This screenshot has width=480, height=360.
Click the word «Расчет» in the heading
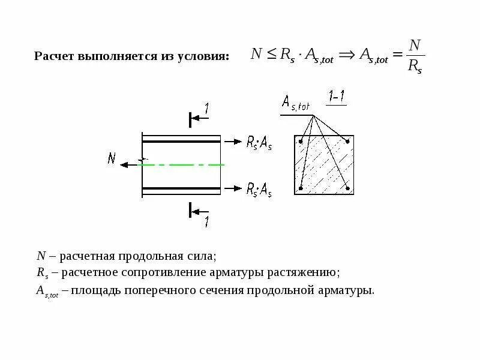[x=53, y=56]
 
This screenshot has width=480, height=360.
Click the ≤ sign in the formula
[x=271, y=54]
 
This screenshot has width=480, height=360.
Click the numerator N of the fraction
[x=415, y=45]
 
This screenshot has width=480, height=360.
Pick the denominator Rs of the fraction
[x=415, y=67]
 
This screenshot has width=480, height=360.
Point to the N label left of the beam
[x=112, y=158]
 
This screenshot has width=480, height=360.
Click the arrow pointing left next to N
[x=127, y=164]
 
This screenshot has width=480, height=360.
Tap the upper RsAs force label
[x=259, y=143]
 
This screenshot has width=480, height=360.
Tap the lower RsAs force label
[x=259, y=190]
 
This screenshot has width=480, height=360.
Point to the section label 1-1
[x=336, y=97]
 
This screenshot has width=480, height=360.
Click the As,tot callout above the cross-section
[x=296, y=105]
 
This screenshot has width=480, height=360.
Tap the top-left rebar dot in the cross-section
[x=301, y=142]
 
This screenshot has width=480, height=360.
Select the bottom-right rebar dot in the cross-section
[x=349, y=188]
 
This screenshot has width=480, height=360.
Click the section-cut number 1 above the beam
[x=206, y=109]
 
